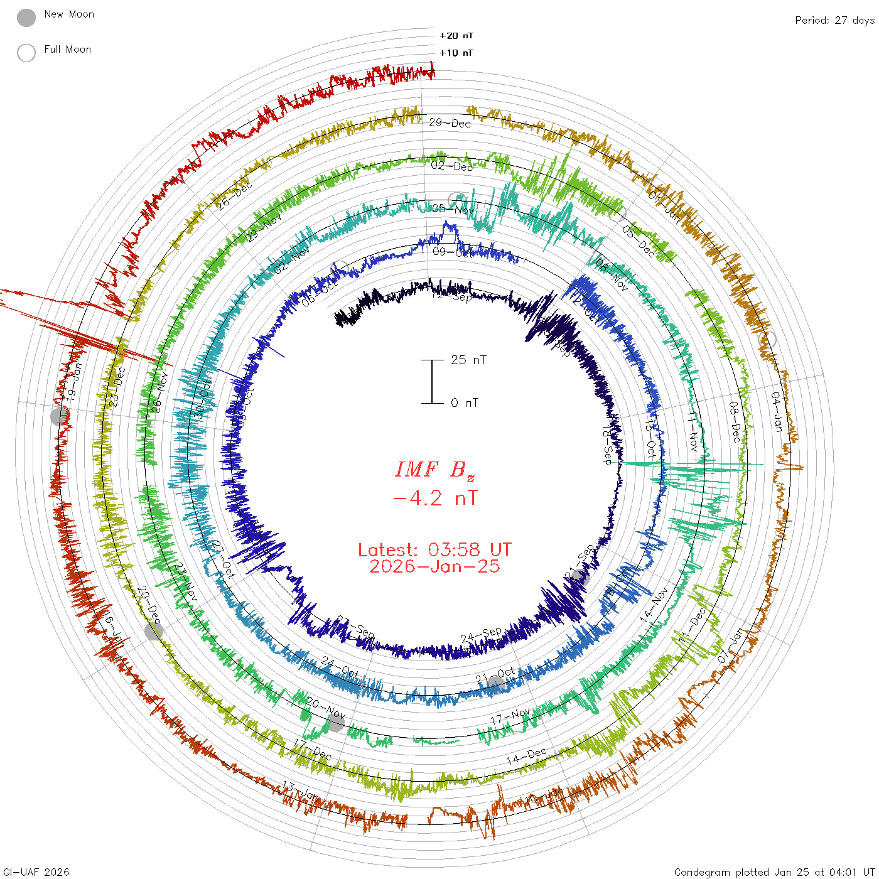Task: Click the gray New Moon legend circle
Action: click(x=26, y=18)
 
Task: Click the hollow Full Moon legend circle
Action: click(x=26, y=53)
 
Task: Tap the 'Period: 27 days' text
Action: click(x=834, y=21)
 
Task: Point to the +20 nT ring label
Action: click(x=456, y=36)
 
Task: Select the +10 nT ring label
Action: click(x=456, y=53)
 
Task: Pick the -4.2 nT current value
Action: click(x=434, y=499)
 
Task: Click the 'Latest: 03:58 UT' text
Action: click(x=434, y=550)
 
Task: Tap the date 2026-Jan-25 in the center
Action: click(x=434, y=566)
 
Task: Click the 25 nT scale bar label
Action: click(x=468, y=360)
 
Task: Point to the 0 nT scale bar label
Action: click(x=465, y=403)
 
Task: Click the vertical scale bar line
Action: click(x=432, y=382)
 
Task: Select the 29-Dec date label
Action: click(x=450, y=123)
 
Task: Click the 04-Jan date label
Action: click(x=777, y=412)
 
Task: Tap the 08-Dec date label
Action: click(x=735, y=421)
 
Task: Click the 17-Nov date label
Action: click(x=510, y=716)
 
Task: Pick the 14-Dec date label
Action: click(x=527, y=756)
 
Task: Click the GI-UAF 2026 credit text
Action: click(x=36, y=872)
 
